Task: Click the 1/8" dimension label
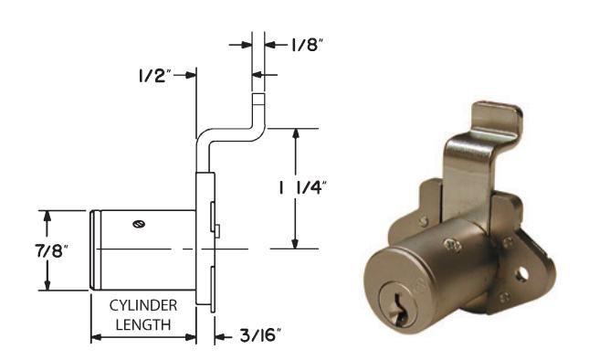point(307,45)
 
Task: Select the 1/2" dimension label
point(154,76)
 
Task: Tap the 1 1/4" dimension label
point(300,188)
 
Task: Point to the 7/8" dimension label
point(52,250)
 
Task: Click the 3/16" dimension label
point(260,335)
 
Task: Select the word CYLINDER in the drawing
point(143,305)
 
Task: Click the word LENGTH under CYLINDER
point(143,324)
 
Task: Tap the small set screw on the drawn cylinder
point(139,225)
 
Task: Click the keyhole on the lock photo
point(397,309)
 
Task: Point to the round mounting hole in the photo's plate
point(521,275)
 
